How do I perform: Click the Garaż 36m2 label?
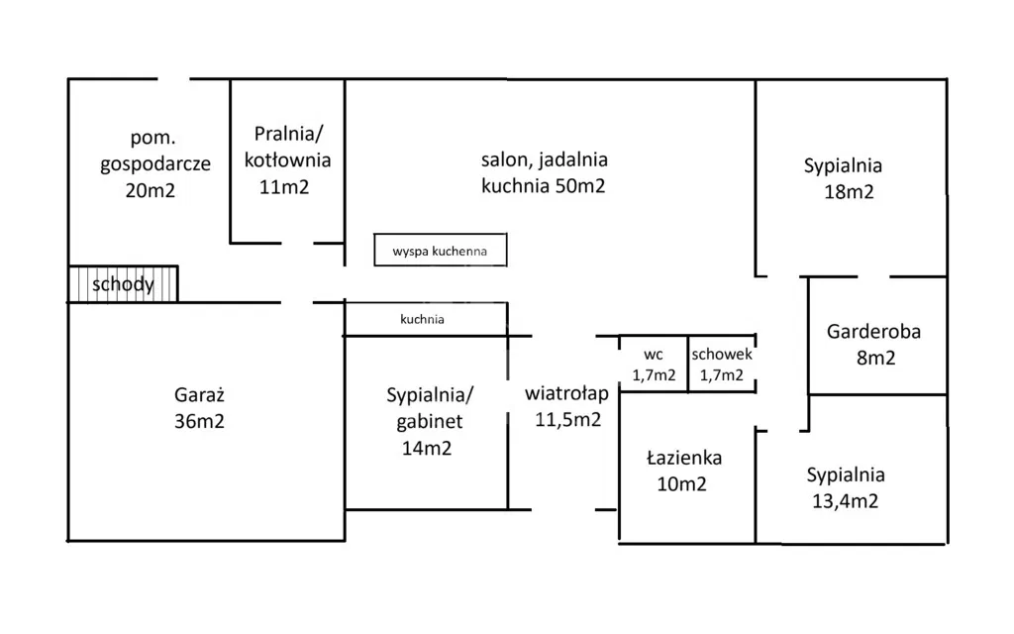(198, 407)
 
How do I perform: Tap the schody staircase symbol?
(123, 284)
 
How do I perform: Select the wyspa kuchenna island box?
(440, 251)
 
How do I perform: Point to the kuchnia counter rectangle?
(425, 319)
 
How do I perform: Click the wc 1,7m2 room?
(654, 364)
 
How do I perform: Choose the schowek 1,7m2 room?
(723, 364)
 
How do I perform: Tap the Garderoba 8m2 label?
(874, 344)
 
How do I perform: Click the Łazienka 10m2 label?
(684, 471)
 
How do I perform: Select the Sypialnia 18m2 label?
(843, 178)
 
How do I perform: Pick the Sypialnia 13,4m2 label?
(845, 487)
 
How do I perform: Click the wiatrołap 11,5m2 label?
(567, 405)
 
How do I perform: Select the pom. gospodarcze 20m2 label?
(154, 163)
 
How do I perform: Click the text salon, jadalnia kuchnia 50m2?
(544, 171)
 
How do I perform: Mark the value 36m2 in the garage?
(198, 421)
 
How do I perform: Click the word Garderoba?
(874, 331)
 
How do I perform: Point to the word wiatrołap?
(567, 392)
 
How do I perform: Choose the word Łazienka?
(684, 458)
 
